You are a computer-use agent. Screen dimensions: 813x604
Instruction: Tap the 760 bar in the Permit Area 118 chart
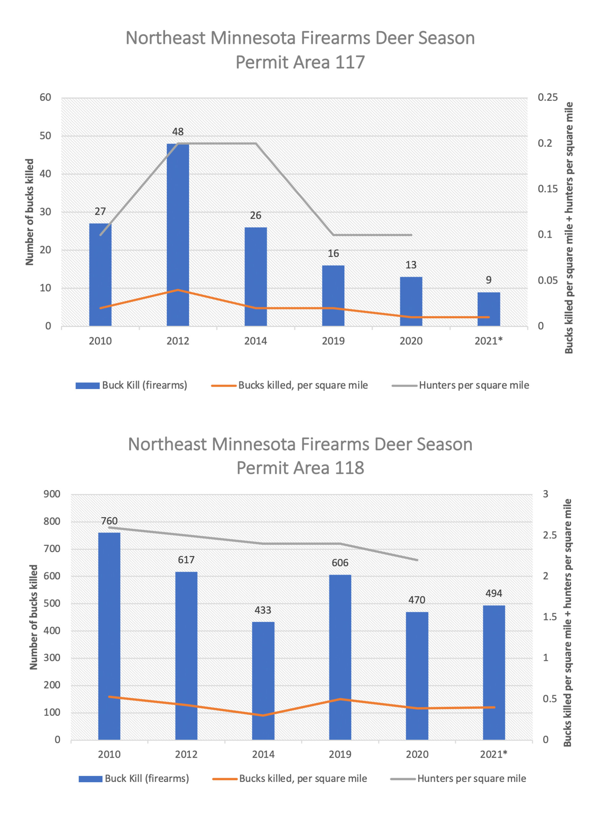tap(109, 636)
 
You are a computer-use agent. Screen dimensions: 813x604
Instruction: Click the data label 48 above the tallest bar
tap(178, 131)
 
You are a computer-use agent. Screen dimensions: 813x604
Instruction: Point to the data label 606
tap(340, 563)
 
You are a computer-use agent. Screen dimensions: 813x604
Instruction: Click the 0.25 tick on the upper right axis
tap(547, 97)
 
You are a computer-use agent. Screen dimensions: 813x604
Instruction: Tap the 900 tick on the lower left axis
tap(52, 494)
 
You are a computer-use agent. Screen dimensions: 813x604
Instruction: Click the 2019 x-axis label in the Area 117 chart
tap(333, 341)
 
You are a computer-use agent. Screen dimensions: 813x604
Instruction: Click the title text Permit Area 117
tap(300, 62)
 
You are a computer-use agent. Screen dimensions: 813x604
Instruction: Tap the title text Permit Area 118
tap(300, 468)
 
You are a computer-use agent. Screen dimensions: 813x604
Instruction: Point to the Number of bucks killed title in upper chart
tap(30, 212)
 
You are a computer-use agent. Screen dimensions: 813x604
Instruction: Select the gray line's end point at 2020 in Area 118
tap(417, 560)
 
